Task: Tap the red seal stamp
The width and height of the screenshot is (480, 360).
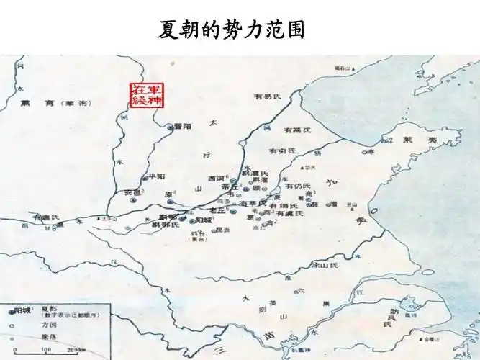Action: click(146, 95)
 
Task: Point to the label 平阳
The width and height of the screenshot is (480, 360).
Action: click(157, 176)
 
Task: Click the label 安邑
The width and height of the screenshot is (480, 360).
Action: click(134, 193)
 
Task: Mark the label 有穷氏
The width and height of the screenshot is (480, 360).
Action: click(283, 151)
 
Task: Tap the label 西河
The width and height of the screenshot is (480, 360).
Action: click(216, 179)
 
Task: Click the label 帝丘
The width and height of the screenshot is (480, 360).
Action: click(231, 186)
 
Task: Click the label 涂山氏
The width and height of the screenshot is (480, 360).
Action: click(323, 265)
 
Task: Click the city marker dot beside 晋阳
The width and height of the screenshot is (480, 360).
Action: click(171, 127)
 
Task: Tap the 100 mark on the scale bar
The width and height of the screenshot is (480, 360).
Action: click(46, 351)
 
